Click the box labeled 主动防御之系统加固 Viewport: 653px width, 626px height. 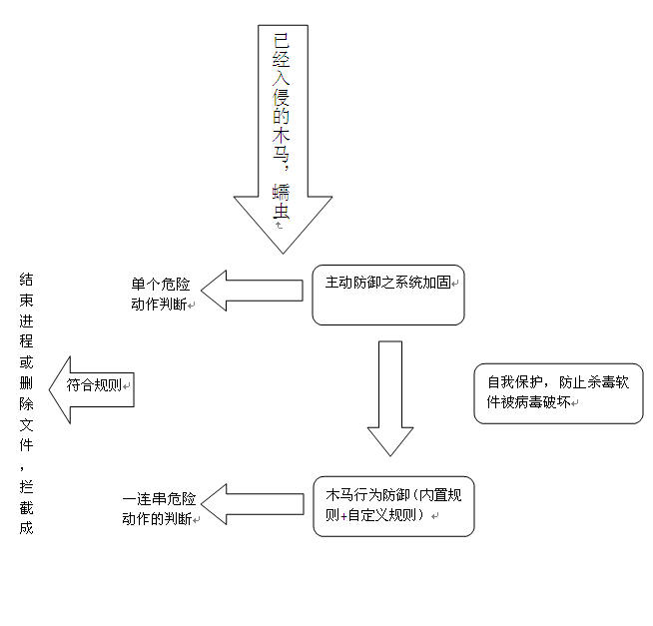(x=388, y=295)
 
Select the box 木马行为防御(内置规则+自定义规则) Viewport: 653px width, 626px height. (x=392, y=507)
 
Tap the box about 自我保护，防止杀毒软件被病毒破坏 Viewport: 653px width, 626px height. (x=558, y=393)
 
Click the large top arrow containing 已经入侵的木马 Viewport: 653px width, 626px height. (x=283, y=130)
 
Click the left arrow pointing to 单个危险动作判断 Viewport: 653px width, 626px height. (x=252, y=291)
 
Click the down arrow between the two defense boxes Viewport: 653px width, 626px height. (x=390, y=396)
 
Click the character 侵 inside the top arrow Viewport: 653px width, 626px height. (x=283, y=96)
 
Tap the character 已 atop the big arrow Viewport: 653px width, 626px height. (x=283, y=41)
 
